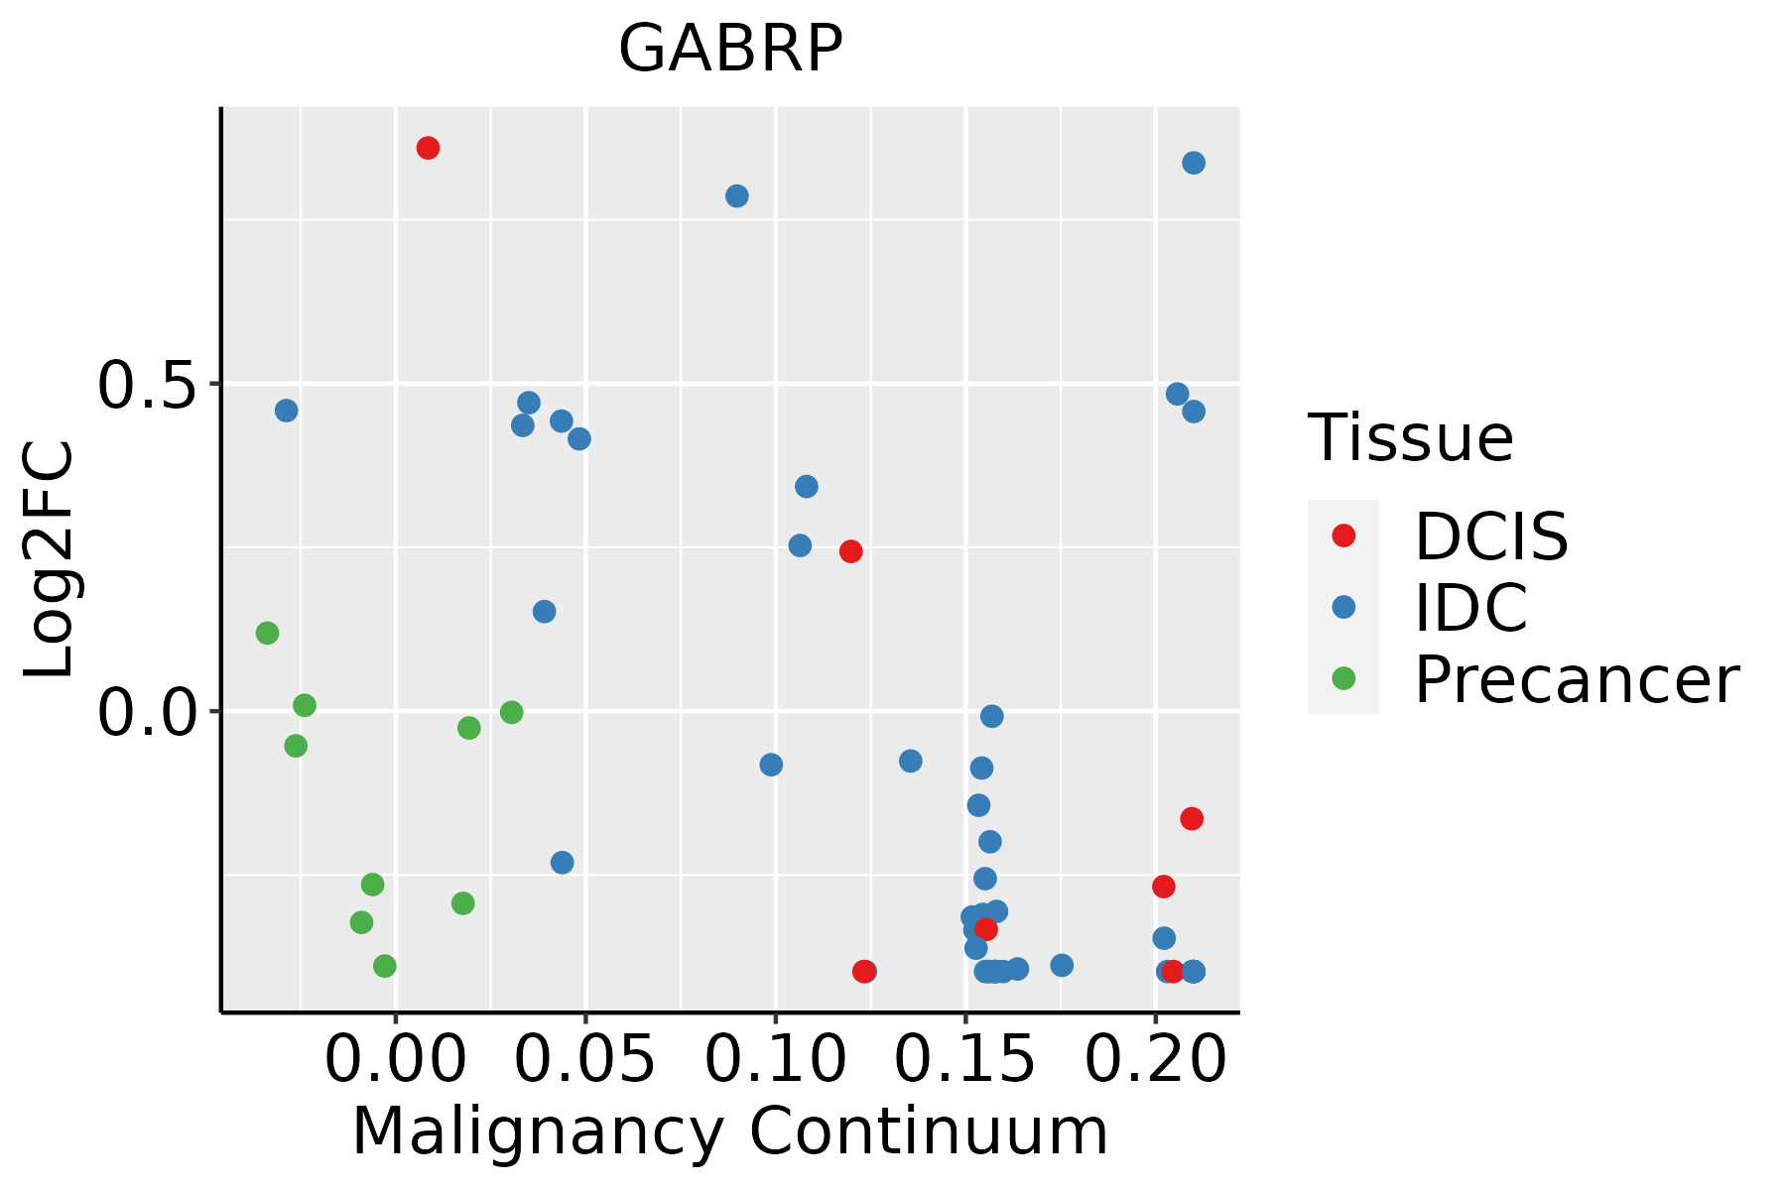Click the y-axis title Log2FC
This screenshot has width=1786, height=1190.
(x=50, y=560)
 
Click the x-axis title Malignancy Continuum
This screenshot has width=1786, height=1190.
(x=730, y=1131)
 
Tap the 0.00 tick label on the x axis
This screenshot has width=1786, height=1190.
(x=395, y=1059)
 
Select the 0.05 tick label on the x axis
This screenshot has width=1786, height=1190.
(x=585, y=1059)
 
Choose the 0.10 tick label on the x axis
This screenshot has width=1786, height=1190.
(x=775, y=1059)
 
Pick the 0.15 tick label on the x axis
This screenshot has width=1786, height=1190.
(x=965, y=1059)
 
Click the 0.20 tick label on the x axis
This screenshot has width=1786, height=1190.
(x=1155, y=1059)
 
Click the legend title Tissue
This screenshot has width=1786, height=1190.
(x=1410, y=437)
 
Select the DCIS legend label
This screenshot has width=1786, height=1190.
(x=1490, y=536)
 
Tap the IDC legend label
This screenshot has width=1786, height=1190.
(x=1470, y=608)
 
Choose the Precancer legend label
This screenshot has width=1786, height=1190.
(x=1576, y=679)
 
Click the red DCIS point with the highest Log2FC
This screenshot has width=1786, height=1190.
(x=428, y=148)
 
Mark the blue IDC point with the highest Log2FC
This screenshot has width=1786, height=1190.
(x=1194, y=163)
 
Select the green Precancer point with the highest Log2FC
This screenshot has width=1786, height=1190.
(x=267, y=633)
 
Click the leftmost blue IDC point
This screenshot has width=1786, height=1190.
(x=286, y=411)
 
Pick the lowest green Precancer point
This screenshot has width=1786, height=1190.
(x=385, y=966)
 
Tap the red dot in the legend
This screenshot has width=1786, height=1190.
(x=1343, y=535)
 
